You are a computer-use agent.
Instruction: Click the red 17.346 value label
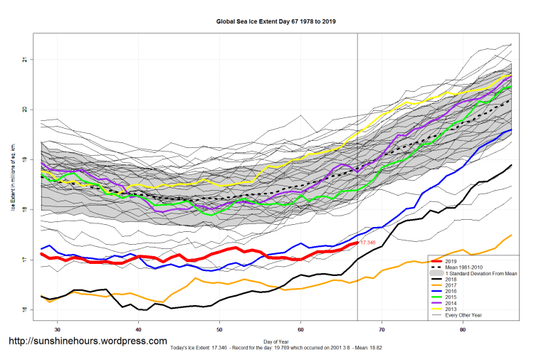click(x=367, y=243)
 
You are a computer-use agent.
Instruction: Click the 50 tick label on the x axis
click(x=220, y=330)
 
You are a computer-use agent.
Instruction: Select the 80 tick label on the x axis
click(x=463, y=330)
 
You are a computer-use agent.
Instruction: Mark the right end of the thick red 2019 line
click(x=357, y=243)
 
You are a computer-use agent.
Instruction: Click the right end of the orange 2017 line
click(x=511, y=235)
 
